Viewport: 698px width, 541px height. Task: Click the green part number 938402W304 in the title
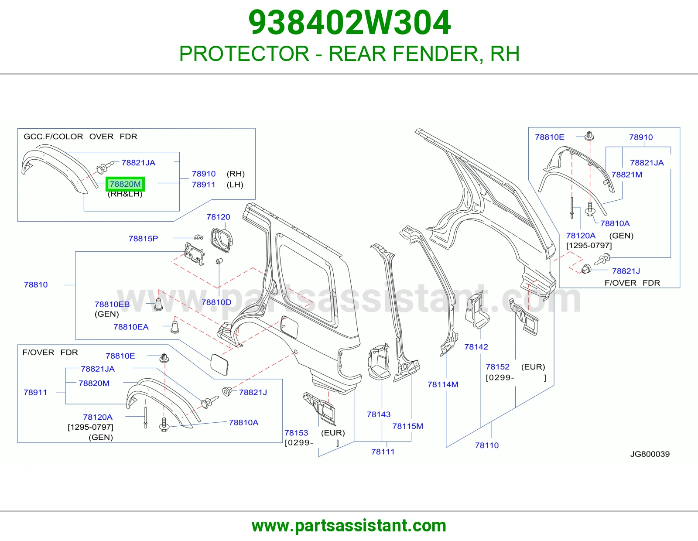pyautogui.click(x=349, y=23)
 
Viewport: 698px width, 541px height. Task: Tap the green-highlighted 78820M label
pyautogui.click(x=125, y=184)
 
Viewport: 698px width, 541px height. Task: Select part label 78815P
pyautogui.click(x=143, y=238)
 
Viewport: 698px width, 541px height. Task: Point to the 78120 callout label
pyautogui.click(x=219, y=217)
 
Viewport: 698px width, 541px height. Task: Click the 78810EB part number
pyautogui.click(x=112, y=304)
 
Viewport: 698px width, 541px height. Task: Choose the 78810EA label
pyautogui.click(x=131, y=327)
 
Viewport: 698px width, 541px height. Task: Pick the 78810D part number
pyautogui.click(x=216, y=302)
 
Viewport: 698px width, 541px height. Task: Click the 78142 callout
pyautogui.click(x=476, y=347)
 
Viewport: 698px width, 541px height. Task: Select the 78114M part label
pyautogui.click(x=443, y=384)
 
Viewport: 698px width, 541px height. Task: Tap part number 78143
pyautogui.click(x=379, y=414)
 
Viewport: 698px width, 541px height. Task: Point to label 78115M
pyautogui.click(x=407, y=426)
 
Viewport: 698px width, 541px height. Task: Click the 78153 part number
pyautogui.click(x=296, y=433)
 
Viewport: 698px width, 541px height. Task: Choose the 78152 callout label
pyautogui.click(x=498, y=366)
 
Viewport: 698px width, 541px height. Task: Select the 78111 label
pyautogui.click(x=383, y=452)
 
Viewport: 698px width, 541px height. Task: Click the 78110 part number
pyautogui.click(x=487, y=445)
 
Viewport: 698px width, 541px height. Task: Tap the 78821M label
pyautogui.click(x=627, y=175)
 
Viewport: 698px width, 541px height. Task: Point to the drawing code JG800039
pyautogui.click(x=650, y=454)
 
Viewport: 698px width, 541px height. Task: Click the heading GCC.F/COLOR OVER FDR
pyautogui.click(x=80, y=137)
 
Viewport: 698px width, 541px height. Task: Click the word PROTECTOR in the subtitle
pyautogui.click(x=244, y=53)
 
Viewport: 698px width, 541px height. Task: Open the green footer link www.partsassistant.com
pyautogui.click(x=349, y=526)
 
